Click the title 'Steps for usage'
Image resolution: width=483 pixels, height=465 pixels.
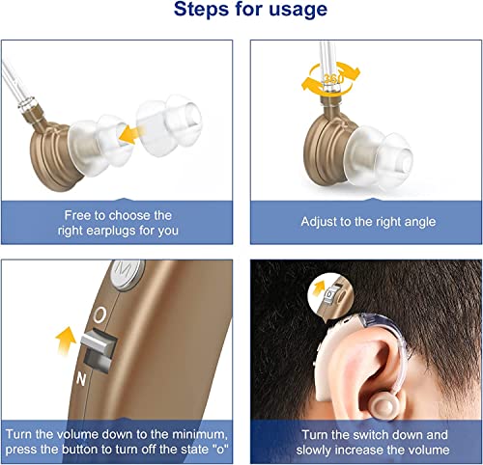[241, 12]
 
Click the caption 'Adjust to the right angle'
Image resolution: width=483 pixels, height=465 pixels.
[366, 222]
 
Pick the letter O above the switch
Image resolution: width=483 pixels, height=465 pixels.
[99, 315]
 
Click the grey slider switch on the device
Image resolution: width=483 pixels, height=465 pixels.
[98, 345]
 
